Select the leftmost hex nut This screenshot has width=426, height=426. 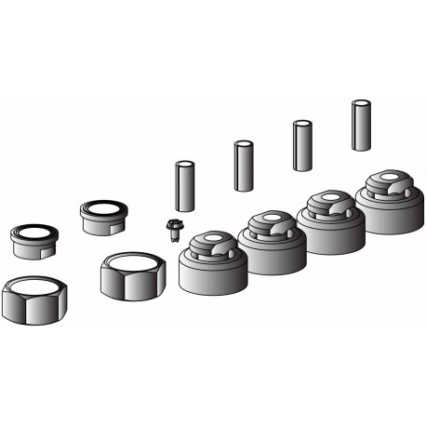[x=30, y=300]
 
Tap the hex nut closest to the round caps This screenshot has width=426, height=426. [x=133, y=276]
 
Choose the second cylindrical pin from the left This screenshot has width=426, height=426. [x=244, y=165]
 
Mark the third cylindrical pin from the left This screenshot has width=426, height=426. [x=302, y=145]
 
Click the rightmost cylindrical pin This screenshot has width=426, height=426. [x=361, y=124]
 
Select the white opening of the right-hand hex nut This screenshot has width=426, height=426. [x=132, y=260]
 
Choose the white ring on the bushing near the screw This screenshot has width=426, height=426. [x=104, y=207]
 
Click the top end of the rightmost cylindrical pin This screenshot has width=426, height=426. [x=361, y=102]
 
